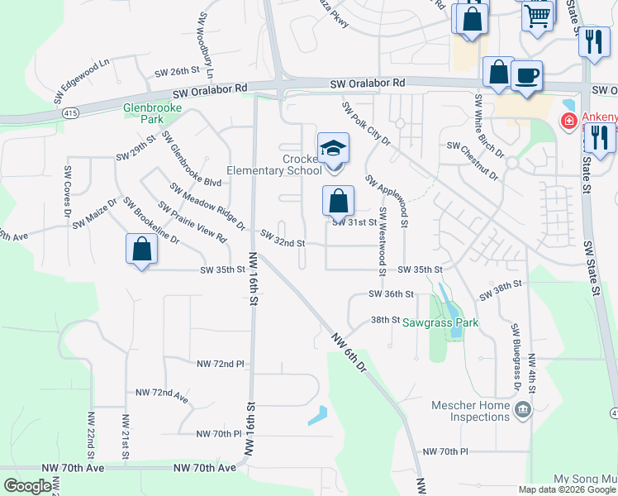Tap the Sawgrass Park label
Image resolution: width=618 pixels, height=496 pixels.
point(440,322)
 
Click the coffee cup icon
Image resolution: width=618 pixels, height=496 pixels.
point(526,76)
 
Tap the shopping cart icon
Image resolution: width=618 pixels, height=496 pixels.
point(538,15)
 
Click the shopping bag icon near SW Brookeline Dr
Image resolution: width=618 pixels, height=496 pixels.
point(141,249)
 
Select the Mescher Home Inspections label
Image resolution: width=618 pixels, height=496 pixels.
point(472,411)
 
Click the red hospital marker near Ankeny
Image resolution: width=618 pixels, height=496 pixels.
point(568,122)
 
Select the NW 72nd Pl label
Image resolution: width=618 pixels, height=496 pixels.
point(221,364)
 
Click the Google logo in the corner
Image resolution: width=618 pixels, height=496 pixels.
point(27,486)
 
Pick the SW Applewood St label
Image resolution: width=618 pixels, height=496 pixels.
point(387,196)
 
